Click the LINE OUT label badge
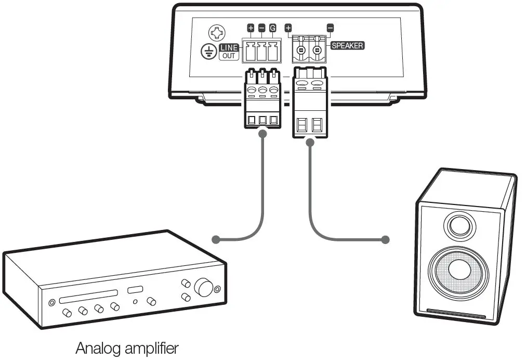point(229,52)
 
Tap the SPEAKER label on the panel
point(347,45)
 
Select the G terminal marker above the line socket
point(272,28)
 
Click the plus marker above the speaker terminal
point(288,28)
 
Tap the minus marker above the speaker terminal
point(330,28)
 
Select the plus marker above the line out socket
point(251,28)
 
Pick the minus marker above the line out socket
point(261,28)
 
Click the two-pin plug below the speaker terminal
point(310,102)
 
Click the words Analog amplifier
point(127,348)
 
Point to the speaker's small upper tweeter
point(458,226)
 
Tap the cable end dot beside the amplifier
point(216,240)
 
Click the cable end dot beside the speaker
point(385,240)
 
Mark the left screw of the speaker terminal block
point(300,52)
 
